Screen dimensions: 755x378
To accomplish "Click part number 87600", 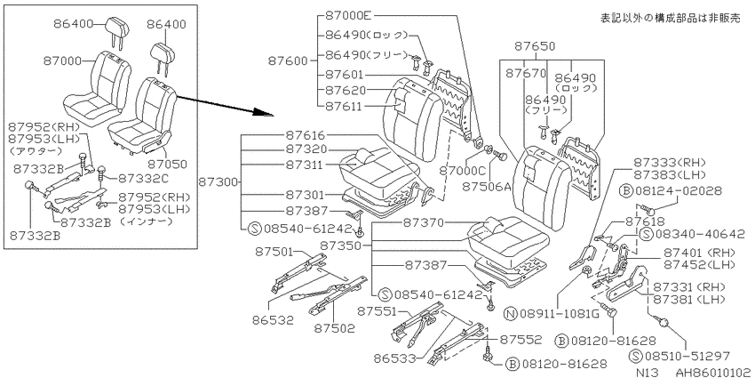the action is [x=288, y=60].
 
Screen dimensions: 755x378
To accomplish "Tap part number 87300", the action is [x=218, y=182].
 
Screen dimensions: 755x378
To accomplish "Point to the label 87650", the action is [x=535, y=47].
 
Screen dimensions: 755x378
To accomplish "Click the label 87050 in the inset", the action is [x=167, y=165].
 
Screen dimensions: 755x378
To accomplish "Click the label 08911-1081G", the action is [x=558, y=314].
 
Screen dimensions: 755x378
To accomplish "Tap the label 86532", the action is [x=272, y=319].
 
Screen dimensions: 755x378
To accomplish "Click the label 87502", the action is [x=335, y=329].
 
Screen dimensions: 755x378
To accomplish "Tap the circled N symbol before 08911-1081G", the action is [x=510, y=314].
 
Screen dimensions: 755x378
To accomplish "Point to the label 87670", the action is [x=526, y=73].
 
